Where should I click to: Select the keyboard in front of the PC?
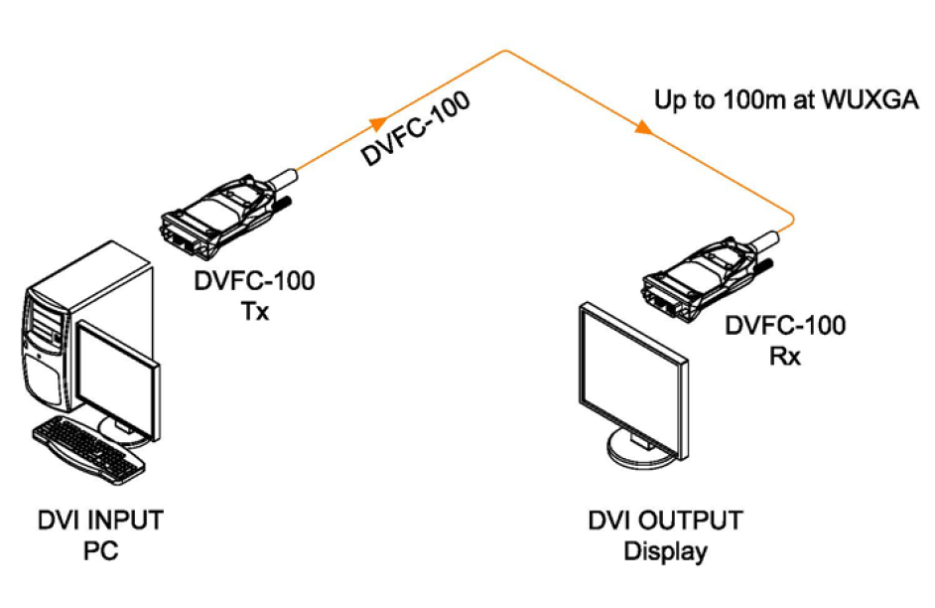click(x=84, y=442)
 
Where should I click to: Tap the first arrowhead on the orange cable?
click(x=378, y=124)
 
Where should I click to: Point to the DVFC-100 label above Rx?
click(x=785, y=325)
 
